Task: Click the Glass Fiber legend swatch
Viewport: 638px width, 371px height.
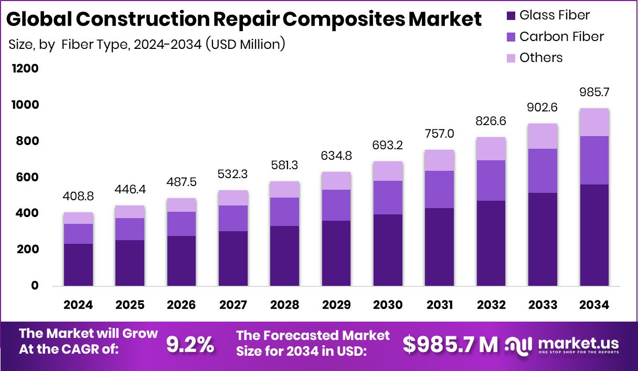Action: (x=511, y=16)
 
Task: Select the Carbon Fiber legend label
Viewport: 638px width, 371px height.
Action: (x=561, y=37)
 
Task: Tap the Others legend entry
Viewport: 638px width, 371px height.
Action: (x=540, y=58)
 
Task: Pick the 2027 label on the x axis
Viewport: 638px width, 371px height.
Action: (x=233, y=305)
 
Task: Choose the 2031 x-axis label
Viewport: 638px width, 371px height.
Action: (x=440, y=305)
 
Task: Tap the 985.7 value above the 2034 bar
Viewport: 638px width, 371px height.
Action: (x=594, y=93)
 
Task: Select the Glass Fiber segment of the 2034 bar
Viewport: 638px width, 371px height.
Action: (x=594, y=235)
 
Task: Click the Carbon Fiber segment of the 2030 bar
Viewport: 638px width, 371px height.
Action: (x=388, y=198)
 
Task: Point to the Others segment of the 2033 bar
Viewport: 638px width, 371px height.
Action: (x=543, y=136)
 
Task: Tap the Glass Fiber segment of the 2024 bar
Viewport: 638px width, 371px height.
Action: (x=79, y=265)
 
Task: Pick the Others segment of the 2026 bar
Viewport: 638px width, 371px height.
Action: (x=182, y=205)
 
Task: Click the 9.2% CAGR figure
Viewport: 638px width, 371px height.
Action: (x=190, y=345)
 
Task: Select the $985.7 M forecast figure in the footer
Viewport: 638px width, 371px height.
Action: (x=450, y=345)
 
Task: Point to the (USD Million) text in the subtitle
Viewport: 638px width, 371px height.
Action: (x=245, y=45)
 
